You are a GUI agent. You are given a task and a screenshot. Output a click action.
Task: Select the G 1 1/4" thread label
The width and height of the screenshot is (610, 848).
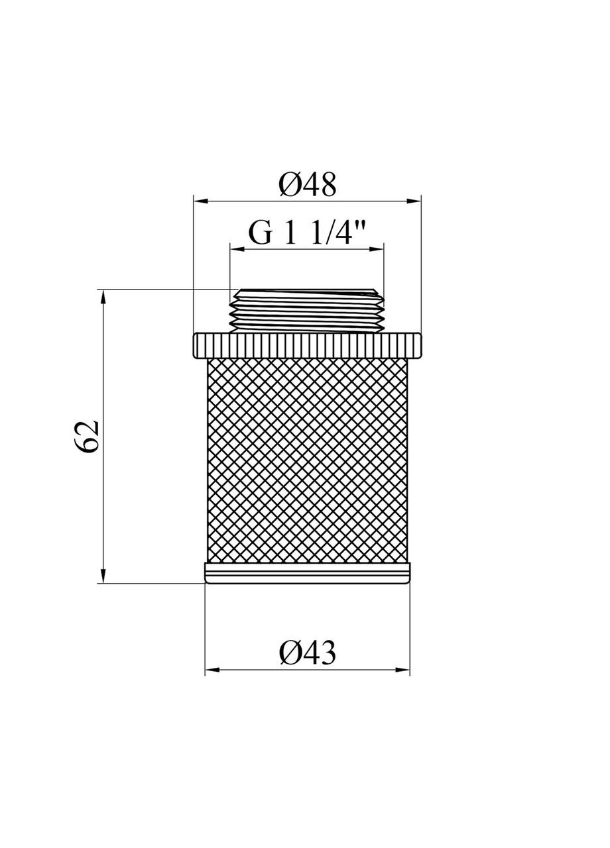pos(307,233)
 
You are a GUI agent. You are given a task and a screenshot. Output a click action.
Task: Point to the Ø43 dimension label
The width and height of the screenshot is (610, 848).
pos(307,654)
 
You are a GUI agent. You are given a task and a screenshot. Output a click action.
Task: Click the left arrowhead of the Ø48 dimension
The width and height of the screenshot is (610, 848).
pos(198,199)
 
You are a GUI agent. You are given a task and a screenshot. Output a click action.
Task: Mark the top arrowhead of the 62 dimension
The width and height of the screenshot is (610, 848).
pos(103,295)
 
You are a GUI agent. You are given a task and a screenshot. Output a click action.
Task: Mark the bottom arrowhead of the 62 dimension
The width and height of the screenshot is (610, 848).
pos(103,577)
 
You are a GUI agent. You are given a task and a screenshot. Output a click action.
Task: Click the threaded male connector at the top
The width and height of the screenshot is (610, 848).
pos(307,310)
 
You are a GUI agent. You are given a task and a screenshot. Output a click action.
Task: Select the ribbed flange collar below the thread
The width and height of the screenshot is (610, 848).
pos(307,345)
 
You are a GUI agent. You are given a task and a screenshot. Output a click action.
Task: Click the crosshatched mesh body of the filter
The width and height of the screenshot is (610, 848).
pos(307,460)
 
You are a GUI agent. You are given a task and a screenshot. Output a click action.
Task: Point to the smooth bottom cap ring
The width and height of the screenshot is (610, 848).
pos(307,573)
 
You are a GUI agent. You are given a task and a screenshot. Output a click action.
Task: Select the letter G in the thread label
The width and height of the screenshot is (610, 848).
pos(260,234)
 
